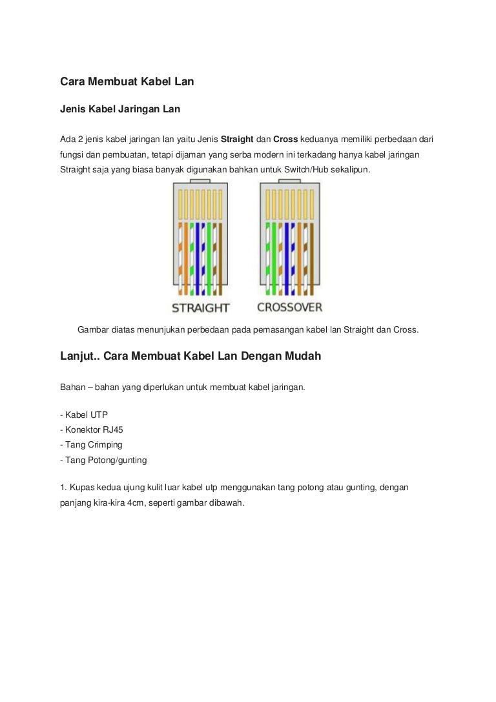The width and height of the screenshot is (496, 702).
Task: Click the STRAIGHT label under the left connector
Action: (x=200, y=307)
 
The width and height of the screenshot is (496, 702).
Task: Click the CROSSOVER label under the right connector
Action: (x=289, y=307)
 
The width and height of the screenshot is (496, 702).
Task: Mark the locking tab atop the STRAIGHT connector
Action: (x=200, y=187)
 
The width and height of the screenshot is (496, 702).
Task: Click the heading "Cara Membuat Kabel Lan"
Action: (x=127, y=82)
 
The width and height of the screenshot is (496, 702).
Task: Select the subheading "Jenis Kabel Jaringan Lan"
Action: (x=120, y=109)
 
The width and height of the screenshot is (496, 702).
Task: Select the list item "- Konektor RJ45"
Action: (x=90, y=429)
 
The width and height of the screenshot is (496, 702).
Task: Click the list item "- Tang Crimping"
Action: (x=90, y=445)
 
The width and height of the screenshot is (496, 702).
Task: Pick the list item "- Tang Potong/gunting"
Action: (x=103, y=460)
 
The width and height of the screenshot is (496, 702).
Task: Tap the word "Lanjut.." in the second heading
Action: (x=80, y=356)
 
